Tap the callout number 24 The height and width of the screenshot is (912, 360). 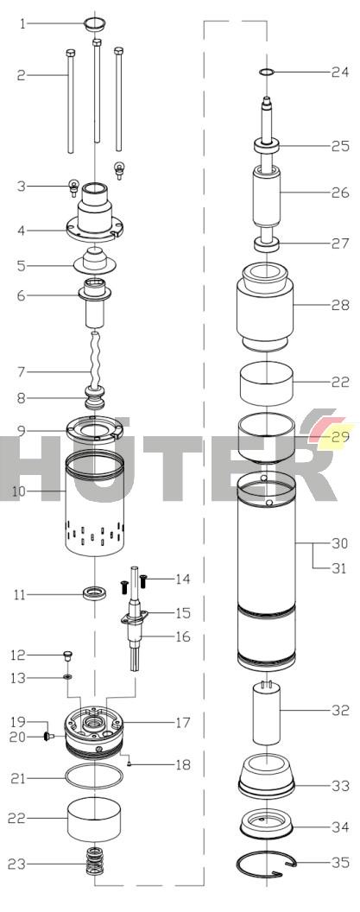[x=340, y=73]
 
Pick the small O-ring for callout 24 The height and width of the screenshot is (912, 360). [x=267, y=73]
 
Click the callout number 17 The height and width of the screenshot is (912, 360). [x=183, y=723]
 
